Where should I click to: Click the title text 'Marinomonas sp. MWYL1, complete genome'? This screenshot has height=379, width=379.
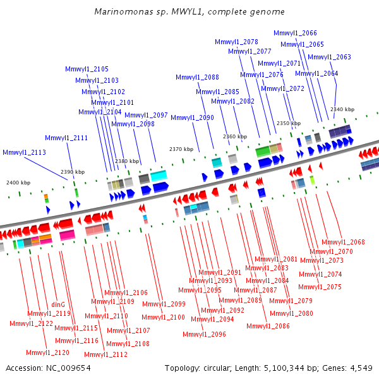pyautogui.click(x=189, y=11)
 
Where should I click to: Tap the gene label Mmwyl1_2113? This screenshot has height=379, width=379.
pyautogui.click(x=24, y=152)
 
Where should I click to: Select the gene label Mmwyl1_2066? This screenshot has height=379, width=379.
pyautogui.click(x=295, y=33)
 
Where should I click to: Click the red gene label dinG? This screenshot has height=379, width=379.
pyautogui.click(x=58, y=304)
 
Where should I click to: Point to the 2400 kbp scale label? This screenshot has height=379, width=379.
pyautogui.click(x=18, y=183)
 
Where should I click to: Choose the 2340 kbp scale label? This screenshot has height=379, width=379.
pyautogui.click(x=342, y=109)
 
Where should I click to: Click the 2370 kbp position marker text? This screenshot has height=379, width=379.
pyautogui.click(x=181, y=149)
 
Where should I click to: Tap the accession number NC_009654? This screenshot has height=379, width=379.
pyautogui.click(x=68, y=368)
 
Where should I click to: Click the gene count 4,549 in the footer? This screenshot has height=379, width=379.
pyautogui.click(x=361, y=368)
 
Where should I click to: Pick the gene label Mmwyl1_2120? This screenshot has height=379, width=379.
pyautogui.click(x=47, y=352)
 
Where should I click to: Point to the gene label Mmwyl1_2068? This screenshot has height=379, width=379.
pyautogui.click(x=343, y=242)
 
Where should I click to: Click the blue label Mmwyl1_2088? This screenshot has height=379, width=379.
pyautogui.click(x=197, y=77)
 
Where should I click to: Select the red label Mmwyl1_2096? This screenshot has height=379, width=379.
pyautogui.click(x=204, y=334)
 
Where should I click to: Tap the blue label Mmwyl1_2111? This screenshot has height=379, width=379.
pyautogui.click(x=66, y=138)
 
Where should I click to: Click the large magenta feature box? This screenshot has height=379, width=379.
pyautogui.click(x=67, y=235)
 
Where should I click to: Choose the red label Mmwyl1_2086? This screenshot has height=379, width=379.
pyautogui.click(x=268, y=326)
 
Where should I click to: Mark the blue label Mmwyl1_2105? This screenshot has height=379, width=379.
pyautogui.click(x=87, y=69)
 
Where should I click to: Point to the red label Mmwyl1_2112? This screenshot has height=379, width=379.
pyautogui.click(x=105, y=354)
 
